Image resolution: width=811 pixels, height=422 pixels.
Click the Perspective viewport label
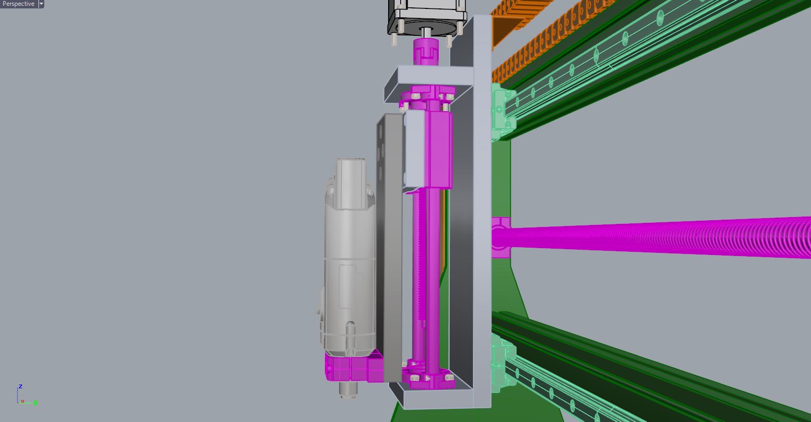point(18,4)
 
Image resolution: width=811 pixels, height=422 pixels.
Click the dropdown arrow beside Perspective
point(41,4)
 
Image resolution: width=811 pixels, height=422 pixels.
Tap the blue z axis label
point(21,387)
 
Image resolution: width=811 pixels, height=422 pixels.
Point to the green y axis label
point(35,403)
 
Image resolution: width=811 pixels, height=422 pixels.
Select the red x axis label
point(23,401)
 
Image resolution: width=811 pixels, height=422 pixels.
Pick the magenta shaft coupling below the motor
point(426,52)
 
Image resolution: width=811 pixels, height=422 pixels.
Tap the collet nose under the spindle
point(348,390)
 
